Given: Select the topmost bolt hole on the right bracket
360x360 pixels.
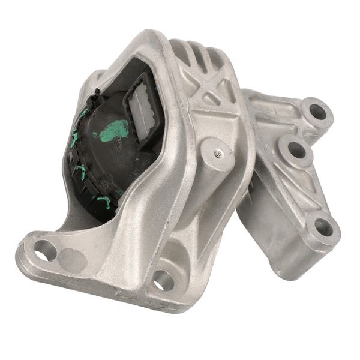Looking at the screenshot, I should click(x=317, y=112).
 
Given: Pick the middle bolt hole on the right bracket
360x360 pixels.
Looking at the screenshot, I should click(x=295, y=150).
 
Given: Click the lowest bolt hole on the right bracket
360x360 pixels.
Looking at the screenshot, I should click(x=323, y=227).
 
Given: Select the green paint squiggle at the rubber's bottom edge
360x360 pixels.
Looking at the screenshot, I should click(x=105, y=201).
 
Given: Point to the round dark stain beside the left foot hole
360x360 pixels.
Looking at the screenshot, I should click(x=71, y=259).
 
